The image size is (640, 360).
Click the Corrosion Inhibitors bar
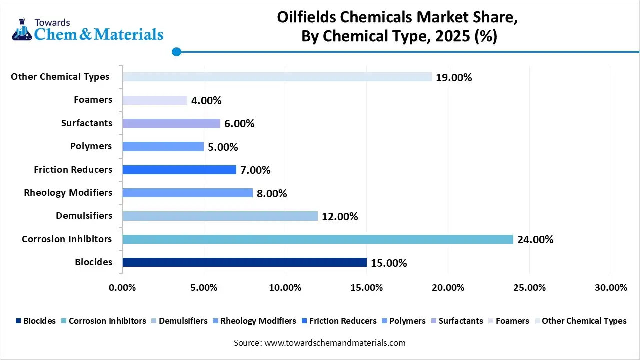(x=317, y=239)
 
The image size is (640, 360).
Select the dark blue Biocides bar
(x=244, y=262)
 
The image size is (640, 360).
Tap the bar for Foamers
(x=155, y=100)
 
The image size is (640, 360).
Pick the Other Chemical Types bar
(x=277, y=77)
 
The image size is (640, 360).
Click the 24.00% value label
(x=535, y=240)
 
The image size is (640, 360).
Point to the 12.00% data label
(x=340, y=217)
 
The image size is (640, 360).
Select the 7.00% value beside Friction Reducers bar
(x=255, y=170)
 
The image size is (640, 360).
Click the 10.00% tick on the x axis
(x=285, y=288)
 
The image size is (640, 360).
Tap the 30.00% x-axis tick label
(x=610, y=288)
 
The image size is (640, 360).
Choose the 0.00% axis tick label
(x=122, y=288)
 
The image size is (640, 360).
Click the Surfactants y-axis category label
(x=87, y=123)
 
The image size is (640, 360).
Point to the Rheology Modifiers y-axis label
(x=68, y=193)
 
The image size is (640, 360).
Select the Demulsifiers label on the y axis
(x=84, y=216)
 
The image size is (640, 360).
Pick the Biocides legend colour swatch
(x=18, y=321)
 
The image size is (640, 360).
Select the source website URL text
(x=335, y=343)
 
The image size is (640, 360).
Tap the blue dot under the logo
(x=176, y=51)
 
